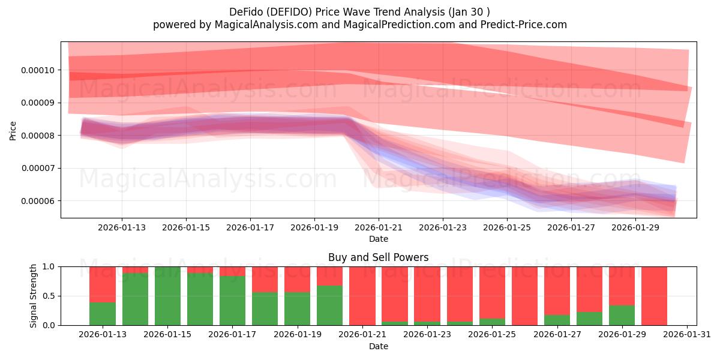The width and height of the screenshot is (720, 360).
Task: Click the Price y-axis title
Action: tap(13, 130)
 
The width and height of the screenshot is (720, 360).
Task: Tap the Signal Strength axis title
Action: tap(34, 296)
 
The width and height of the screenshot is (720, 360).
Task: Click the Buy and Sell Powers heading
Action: tap(378, 257)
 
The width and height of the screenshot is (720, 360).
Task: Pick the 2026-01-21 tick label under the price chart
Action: tap(379, 227)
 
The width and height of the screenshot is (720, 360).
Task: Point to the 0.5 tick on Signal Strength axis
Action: tap(49, 296)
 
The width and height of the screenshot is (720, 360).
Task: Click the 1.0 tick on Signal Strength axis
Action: tap(49, 266)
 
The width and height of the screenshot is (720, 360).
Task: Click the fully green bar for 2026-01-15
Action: tap(167, 296)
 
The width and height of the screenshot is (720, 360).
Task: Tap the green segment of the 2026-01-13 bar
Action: tap(103, 313)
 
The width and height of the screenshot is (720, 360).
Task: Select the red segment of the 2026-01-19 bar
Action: tap(297, 279)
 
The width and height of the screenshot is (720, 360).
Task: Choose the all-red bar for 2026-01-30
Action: tap(654, 296)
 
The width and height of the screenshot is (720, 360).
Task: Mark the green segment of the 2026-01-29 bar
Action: tap(622, 316)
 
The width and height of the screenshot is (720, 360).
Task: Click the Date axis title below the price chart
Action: tap(378, 239)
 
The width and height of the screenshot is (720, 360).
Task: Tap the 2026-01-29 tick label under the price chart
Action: tap(635, 227)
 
